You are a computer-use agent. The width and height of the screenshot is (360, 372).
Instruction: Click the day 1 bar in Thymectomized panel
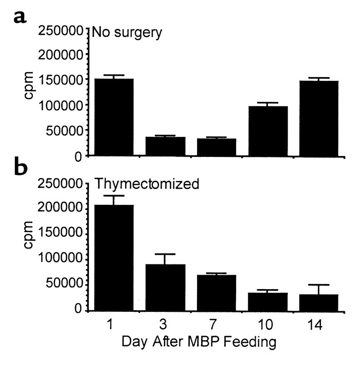(x=112, y=258)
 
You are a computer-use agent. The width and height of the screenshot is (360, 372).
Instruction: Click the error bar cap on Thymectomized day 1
(x=112, y=196)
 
